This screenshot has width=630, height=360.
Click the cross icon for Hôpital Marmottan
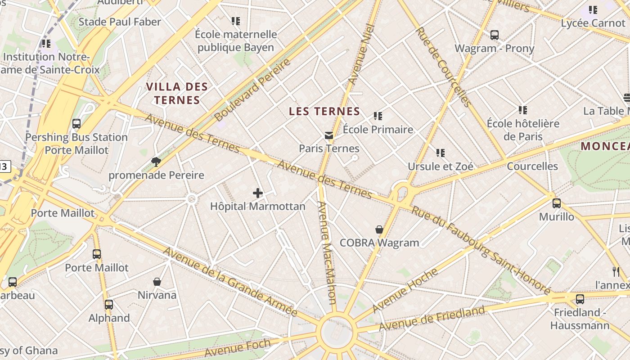[257, 193]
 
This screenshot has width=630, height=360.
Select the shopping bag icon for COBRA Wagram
[379, 230]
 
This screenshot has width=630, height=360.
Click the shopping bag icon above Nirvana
[157, 282]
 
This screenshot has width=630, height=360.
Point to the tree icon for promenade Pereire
[156, 162]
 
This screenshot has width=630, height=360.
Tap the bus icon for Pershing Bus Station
[76, 124]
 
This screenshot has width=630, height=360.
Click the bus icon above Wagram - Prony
[495, 35]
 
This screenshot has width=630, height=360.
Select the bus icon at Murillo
[557, 203]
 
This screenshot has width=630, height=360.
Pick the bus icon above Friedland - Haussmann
[580, 299]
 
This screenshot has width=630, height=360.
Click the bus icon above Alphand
[109, 305]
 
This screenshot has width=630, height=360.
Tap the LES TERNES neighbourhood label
[324, 112]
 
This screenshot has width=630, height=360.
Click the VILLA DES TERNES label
[177, 93]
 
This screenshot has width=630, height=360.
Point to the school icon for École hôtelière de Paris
[523, 110]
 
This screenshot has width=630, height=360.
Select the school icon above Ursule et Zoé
[441, 153]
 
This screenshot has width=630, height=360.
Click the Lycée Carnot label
[593, 23]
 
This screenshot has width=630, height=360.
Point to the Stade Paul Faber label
[120, 22]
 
